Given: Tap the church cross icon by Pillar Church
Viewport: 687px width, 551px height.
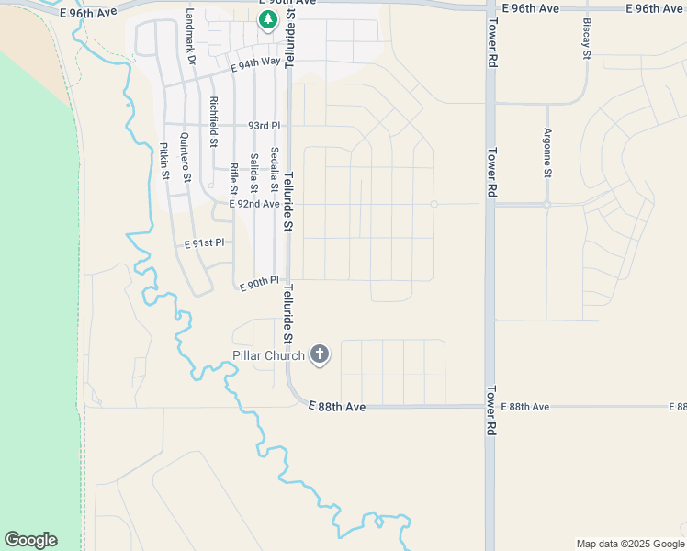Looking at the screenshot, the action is [320, 354].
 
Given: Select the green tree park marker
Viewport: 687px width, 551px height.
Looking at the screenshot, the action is [267, 19].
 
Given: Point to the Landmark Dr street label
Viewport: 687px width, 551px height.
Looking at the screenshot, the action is [190, 37].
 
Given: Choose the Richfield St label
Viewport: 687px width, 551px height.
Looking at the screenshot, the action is [213, 122].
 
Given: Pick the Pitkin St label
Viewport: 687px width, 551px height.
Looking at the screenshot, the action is [164, 162].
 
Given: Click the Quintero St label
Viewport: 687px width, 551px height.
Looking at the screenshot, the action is [185, 158].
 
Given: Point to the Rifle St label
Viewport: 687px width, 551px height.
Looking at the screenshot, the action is [233, 178].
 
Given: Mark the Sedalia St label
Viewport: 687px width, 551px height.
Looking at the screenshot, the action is [273, 166].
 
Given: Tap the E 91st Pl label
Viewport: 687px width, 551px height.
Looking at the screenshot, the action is [204, 244].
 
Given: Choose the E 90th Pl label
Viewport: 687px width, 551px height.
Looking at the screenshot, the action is [258, 286].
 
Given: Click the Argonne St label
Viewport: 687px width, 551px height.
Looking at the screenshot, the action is [547, 152].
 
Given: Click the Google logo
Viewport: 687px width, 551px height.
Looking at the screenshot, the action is [30, 540].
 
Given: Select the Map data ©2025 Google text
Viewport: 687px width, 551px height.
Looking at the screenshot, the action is [630, 544].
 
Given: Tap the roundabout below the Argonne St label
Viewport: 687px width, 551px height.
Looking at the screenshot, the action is [546, 205].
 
